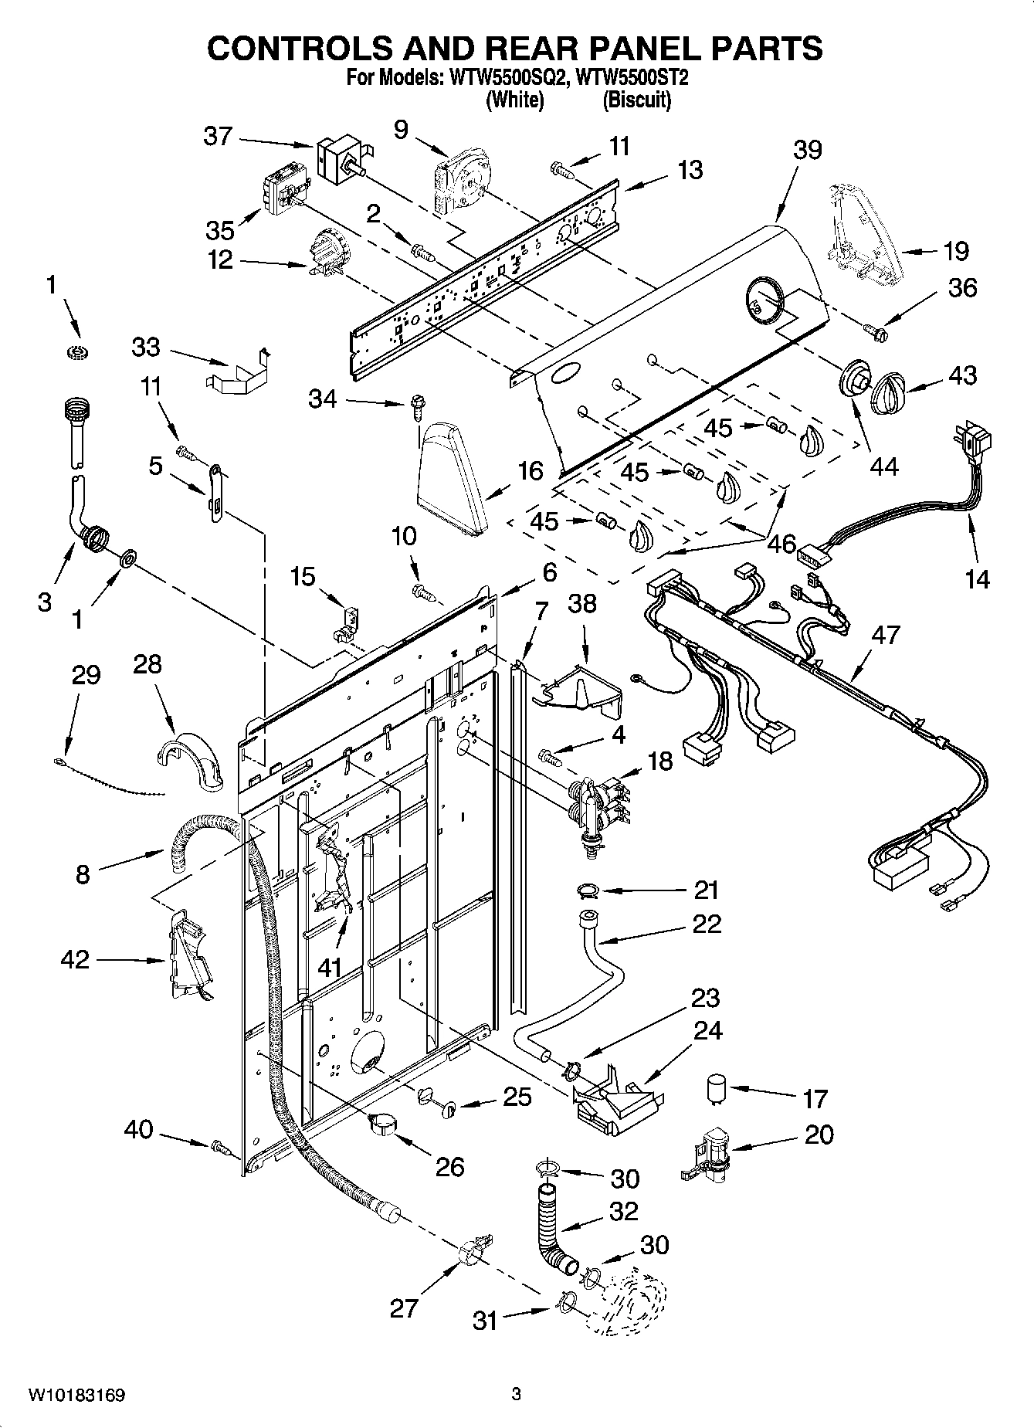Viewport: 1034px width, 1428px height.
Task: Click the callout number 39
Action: [807, 150]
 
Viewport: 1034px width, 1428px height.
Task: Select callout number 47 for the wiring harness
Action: [885, 635]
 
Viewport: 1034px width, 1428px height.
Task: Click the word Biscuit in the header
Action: [636, 100]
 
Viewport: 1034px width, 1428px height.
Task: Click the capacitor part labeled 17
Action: [717, 1090]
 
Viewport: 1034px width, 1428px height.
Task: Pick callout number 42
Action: [75, 960]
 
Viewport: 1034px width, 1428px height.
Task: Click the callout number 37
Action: [217, 136]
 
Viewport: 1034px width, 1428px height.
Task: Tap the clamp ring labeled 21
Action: [588, 892]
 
